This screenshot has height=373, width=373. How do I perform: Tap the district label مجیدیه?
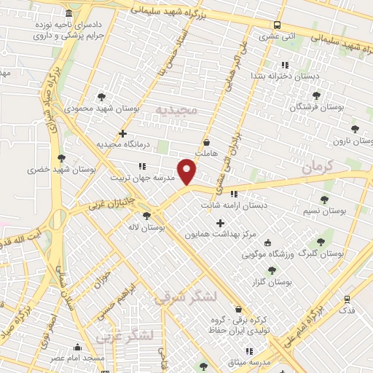[176, 109]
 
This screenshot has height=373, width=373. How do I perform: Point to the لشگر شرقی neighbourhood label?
[188, 297]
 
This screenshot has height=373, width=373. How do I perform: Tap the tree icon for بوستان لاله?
[147, 216]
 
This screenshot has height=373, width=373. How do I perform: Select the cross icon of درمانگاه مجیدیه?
[123, 133]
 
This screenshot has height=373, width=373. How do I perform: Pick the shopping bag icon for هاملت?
[208, 142]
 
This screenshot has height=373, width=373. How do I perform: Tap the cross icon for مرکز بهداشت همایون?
[220, 222]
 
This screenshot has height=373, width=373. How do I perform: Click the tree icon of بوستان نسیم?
[324, 200]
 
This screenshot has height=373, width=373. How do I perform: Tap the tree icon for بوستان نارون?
[356, 128]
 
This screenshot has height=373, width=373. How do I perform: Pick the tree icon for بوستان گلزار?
[272, 270]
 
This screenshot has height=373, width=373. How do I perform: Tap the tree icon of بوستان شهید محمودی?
[101, 95]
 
